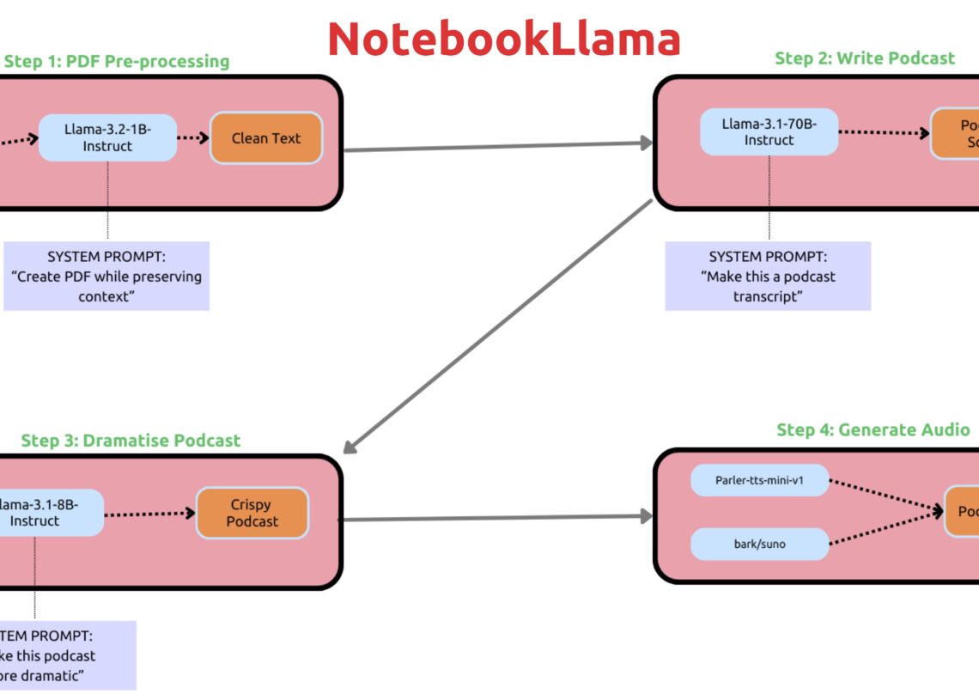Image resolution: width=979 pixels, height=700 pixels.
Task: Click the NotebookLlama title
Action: coord(503,39)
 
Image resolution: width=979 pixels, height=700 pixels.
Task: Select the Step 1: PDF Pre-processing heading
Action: coord(117,61)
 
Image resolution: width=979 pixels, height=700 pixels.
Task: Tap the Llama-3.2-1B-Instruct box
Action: coord(107,137)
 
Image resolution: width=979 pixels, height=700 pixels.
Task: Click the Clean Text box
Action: coord(266,137)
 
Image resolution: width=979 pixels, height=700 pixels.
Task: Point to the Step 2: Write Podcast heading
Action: coord(865,58)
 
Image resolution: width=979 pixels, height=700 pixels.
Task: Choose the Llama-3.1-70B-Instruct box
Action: coord(769,131)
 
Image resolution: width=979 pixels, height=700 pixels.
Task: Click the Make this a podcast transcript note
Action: coord(768,276)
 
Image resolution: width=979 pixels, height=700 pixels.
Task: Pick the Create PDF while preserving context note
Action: coord(106,276)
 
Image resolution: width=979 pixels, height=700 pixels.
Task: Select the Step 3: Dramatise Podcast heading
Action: coord(131,441)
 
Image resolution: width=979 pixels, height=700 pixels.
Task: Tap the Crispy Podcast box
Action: coord(252,513)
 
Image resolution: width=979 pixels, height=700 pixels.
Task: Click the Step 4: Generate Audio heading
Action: coord(873,430)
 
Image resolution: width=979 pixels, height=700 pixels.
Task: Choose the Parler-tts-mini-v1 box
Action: coord(760,480)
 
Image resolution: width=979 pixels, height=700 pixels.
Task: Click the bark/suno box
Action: coord(760,544)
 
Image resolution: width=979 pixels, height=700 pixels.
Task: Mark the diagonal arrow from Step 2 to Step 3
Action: coord(498,326)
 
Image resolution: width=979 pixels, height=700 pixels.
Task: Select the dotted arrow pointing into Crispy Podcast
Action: coord(150,514)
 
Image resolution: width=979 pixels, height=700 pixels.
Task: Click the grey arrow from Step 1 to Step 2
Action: coord(498,147)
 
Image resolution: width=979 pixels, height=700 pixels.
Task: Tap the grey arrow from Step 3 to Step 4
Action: coord(498,518)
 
